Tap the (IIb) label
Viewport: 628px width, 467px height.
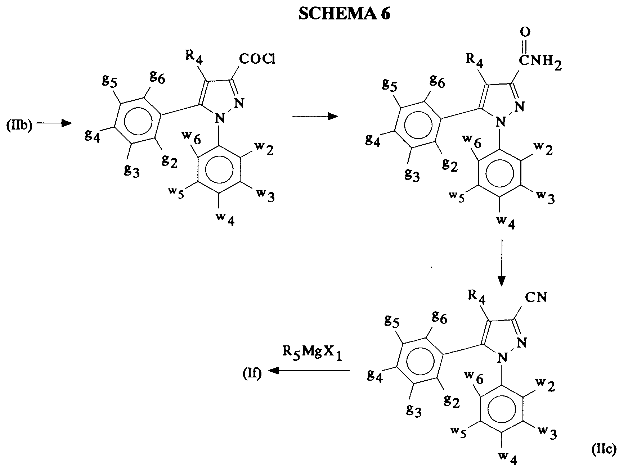(x=19, y=126)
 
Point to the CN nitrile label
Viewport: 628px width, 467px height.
(x=535, y=297)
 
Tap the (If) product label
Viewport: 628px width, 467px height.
(x=252, y=375)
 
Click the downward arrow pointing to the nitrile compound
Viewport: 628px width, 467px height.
(x=501, y=262)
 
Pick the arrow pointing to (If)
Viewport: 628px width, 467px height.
(x=310, y=371)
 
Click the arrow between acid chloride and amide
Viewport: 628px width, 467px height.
(x=315, y=116)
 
